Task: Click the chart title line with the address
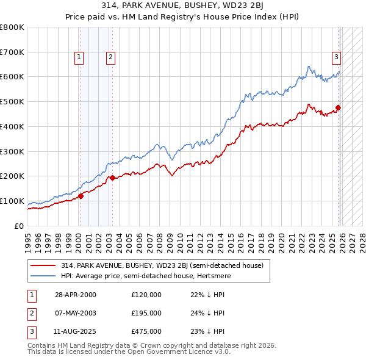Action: pyautogui.click(x=182, y=5)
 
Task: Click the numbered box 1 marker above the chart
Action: pyautogui.click(x=79, y=58)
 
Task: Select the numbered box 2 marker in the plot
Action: pyautogui.click(x=110, y=58)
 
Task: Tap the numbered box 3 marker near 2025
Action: pyautogui.click(x=336, y=58)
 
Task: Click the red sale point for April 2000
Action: pyautogui.click(x=81, y=196)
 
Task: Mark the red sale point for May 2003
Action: pyautogui.click(x=112, y=178)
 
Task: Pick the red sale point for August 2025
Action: pyautogui.click(x=339, y=108)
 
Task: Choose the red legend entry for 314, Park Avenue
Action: pyautogui.click(x=162, y=265)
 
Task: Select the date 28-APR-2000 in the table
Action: pyautogui.click(x=75, y=295)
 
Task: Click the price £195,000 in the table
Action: pyautogui.click(x=146, y=313)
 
